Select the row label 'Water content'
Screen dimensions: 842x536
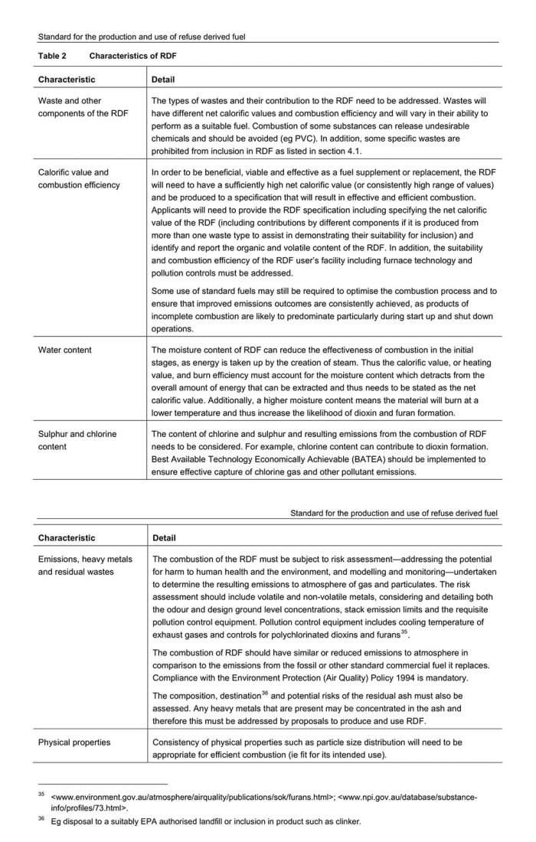coord(65,350)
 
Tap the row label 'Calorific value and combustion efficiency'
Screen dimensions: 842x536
coord(74,178)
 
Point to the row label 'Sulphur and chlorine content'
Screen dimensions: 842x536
coord(77,439)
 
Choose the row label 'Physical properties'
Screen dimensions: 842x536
coord(74,742)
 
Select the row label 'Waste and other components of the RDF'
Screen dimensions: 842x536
coord(83,106)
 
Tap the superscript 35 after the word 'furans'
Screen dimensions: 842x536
coord(408,632)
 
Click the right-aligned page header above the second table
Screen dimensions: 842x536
coord(394,512)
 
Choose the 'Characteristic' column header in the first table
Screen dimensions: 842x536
coord(67,79)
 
